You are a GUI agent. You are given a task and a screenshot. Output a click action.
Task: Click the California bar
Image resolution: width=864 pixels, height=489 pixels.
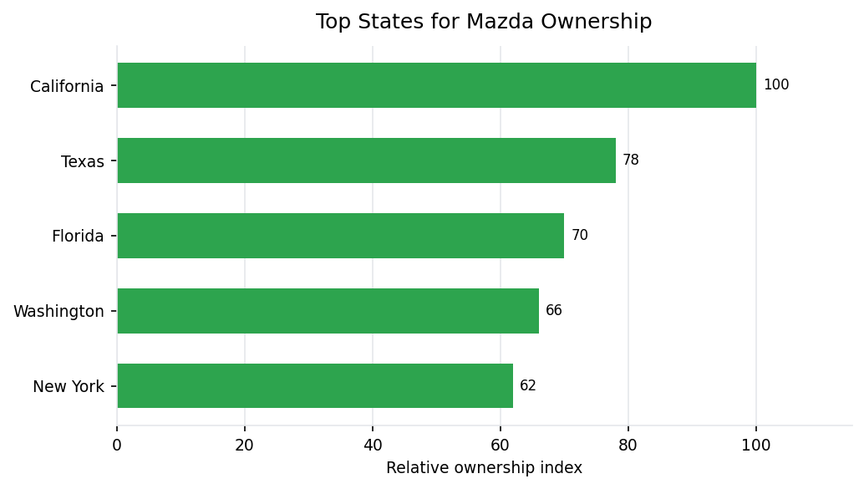click(x=436, y=85)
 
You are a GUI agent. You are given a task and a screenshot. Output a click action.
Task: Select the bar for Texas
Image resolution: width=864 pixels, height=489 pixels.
click(x=366, y=160)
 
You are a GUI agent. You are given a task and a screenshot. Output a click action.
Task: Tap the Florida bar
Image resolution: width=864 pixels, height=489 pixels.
click(x=340, y=236)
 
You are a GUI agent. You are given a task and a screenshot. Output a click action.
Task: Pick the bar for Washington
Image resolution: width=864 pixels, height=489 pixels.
click(x=328, y=311)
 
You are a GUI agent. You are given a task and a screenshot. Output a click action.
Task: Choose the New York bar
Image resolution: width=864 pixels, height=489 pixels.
click(x=315, y=386)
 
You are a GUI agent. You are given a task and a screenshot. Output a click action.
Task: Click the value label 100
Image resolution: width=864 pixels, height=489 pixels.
click(x=776, y=85)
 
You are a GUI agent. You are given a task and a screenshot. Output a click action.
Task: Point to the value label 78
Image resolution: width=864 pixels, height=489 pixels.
click(x=631, y=160)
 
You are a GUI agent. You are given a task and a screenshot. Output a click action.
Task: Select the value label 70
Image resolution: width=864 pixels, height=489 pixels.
click(x=580, y=236)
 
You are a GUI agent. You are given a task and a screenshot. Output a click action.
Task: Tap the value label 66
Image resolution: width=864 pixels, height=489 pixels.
click(x=554, y=311)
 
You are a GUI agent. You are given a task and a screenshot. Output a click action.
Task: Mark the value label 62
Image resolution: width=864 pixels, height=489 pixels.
click(x=528, y=386)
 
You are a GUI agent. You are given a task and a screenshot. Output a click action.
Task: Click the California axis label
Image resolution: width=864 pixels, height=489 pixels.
click(x=67, y=87)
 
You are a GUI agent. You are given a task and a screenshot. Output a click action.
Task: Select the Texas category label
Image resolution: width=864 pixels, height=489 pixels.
click(x=83, y=162)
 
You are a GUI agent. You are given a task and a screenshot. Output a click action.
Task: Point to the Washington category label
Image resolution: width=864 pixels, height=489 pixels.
click(x=58, y=312)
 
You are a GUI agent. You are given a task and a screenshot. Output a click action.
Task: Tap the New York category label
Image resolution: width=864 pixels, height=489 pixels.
click(x=69, y=387)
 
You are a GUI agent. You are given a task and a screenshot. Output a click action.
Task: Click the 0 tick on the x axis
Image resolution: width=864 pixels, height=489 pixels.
click(x=117, y=446)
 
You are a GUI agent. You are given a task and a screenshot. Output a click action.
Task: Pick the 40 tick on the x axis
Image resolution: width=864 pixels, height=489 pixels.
click(x=373, y=446)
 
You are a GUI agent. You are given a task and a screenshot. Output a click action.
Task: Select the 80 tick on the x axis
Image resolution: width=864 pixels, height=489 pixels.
click(x=628, y=446)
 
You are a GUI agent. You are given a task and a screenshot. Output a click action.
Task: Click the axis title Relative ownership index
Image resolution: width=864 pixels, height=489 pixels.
click(x=484, y=468)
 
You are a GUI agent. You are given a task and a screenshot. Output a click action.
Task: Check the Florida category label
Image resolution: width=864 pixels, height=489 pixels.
click(x=78, y=237)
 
